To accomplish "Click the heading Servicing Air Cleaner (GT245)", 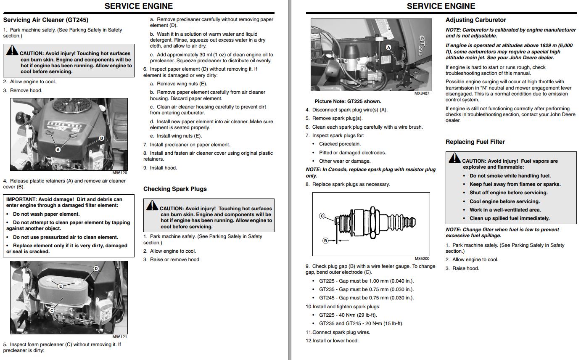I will click(x=46, y=20).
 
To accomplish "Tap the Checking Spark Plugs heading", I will click(x=175, y=189).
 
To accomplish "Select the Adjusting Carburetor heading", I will click(x=475, y=20).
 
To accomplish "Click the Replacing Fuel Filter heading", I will click(x=475, y=142).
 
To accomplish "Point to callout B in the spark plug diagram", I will click(x=325, y=241).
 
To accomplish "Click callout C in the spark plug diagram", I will click(x=322, y=216).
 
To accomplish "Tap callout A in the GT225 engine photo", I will click(x=388, y=47).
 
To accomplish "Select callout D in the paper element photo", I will click(x=96, y=268).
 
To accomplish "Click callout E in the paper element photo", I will click(x=61, y=286).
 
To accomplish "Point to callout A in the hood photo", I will click(x=58, y=149).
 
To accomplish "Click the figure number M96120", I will click(x=119, y=173).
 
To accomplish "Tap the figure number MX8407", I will click(x=422, y=93).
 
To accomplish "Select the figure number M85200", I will click(x=422, y=259).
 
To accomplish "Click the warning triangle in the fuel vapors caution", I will click(x=454, y=158).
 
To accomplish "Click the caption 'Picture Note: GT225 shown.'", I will click(x=348, y=101).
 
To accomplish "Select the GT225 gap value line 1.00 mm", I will click(x=366, y=281).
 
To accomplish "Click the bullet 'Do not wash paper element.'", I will click(x=46, y=214).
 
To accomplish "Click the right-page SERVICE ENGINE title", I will click(x=441, y=6).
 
